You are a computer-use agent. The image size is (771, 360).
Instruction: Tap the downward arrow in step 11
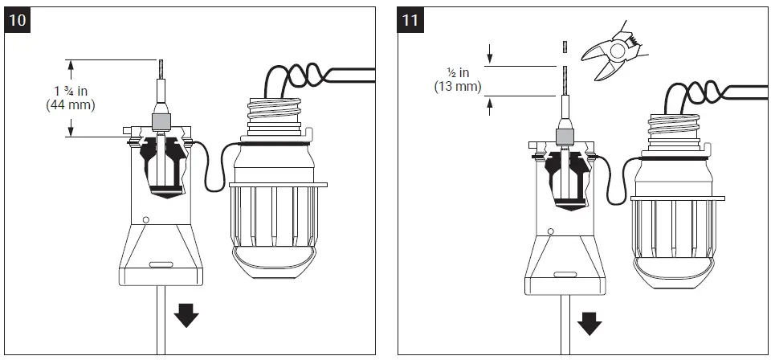(x=590, y=323)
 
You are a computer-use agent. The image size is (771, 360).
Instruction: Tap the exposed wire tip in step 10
(x=159, y=69)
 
